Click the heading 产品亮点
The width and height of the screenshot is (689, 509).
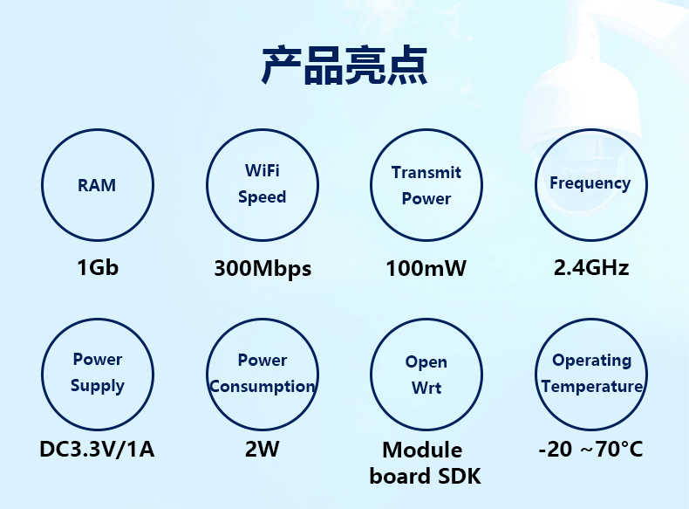tap(344, 65)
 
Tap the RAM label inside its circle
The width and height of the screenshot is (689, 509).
tap(97, 185)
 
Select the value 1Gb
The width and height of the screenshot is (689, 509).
tap(98, 267)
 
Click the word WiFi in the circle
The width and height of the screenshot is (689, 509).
tap(263, 170)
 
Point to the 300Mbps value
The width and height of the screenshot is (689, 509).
tap(263, 269)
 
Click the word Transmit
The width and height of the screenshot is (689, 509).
tap(426, 172)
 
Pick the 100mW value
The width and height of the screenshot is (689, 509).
tap(426, 268)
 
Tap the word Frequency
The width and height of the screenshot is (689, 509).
tap(590, 183)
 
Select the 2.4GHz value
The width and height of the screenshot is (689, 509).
tap(591, 267)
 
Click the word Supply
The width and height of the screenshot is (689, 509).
tap(98, 386)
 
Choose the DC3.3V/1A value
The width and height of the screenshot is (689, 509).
tap(97, 449)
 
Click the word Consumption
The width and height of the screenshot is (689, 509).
tap(263, 386)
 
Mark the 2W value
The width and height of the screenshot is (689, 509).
tap(262, 449)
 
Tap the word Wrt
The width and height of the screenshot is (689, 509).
tap(426, 388)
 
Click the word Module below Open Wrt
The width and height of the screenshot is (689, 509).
tap(422, 450)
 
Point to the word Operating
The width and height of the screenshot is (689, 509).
tap(592, 361)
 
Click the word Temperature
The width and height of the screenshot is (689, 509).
tap(592, 386)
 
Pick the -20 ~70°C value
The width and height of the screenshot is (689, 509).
tap(590, 449)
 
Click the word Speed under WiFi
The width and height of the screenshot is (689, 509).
tap(263, 197)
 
